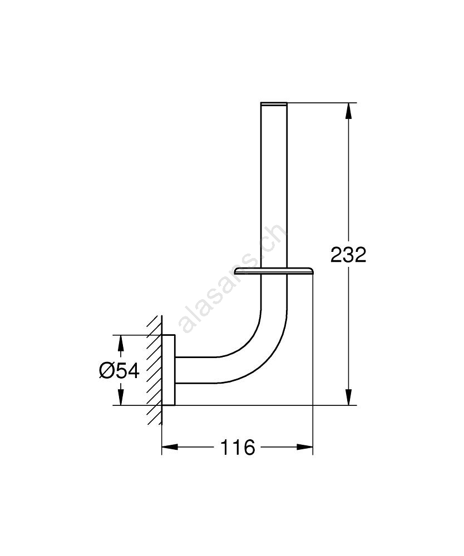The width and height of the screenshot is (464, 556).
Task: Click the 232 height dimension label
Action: [x=348, y=255]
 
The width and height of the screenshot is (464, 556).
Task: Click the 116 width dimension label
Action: [x=238, y=448]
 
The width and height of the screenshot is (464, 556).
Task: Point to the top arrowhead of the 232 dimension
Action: [x=348, y=111]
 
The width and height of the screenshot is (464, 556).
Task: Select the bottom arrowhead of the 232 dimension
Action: [x=348, y=397]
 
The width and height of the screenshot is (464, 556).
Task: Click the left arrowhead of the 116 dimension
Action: [x=170, y=448]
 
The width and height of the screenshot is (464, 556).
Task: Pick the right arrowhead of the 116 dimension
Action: [x=305, y=448]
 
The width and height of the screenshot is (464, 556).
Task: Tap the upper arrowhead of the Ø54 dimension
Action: [x=121, y=343]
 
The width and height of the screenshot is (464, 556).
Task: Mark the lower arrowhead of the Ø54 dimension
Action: [x=121, y=397]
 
